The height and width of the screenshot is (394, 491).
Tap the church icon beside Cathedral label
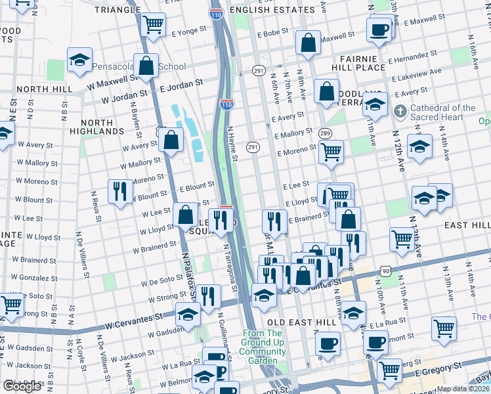400,112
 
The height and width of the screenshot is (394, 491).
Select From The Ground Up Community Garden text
263,347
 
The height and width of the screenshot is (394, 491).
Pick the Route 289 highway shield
325,134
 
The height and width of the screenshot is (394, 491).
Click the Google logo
22,386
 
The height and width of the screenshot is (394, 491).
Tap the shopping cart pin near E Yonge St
153,26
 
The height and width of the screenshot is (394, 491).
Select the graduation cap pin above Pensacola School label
79,60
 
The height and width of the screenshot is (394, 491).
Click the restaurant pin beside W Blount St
119,191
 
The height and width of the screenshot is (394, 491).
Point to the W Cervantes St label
134,318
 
